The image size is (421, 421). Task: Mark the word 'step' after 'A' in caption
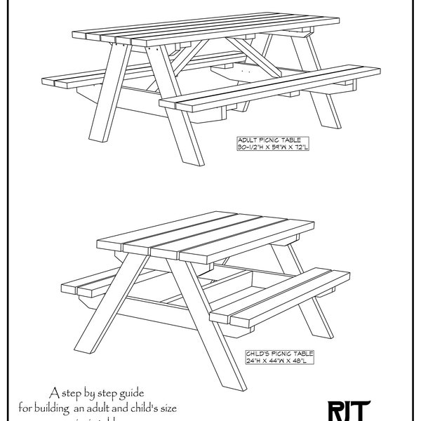pyautogui.click(x=73, y=392)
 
